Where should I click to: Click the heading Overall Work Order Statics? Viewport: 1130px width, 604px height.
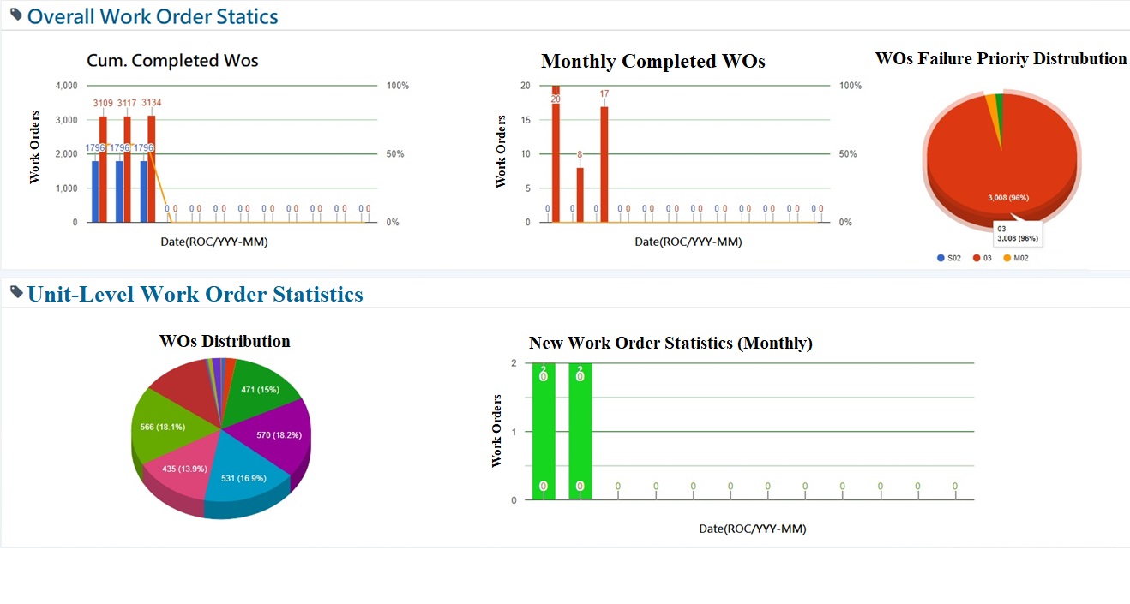[x=153, y=16]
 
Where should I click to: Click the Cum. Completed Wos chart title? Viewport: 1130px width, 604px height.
[x=172, y=60]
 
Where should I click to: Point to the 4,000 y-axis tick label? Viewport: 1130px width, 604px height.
[x=66, y=86]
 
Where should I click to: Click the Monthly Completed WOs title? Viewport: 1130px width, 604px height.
[x=652, y=62]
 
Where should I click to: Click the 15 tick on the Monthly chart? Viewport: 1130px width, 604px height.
[x=526, y=120]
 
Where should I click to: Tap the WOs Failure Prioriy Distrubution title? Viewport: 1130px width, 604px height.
[x=1001, y=58]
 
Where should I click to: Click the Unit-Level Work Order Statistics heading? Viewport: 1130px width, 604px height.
[x=195, y=295]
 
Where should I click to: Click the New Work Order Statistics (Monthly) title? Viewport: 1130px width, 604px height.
[x=670, y=343]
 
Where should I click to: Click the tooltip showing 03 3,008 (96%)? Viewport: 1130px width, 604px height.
[x=1016, y=233]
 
